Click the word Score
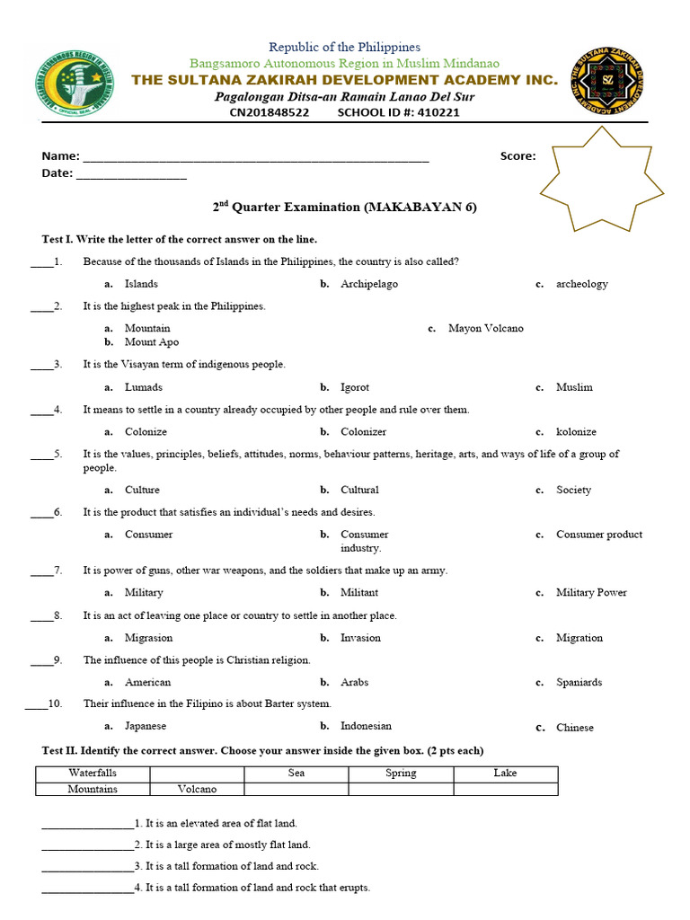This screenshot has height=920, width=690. [517, 156]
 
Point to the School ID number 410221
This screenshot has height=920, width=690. [435, 112]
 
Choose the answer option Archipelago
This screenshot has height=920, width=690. [368, 284]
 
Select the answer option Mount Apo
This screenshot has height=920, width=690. [151, 342]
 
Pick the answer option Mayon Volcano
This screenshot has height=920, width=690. [485, 329]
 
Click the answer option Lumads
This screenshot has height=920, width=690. [144, 387]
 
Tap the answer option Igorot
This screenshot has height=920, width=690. [355, 387]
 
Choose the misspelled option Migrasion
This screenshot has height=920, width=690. [148, 638]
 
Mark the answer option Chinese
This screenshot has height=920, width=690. [575, 728]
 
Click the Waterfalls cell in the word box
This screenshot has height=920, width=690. [93, 774]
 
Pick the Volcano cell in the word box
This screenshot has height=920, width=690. [196, 790]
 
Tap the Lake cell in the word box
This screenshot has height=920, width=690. [505, 774]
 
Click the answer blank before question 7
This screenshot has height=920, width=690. [41, 571]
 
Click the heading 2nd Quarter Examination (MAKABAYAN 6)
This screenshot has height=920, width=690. [345, 208]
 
